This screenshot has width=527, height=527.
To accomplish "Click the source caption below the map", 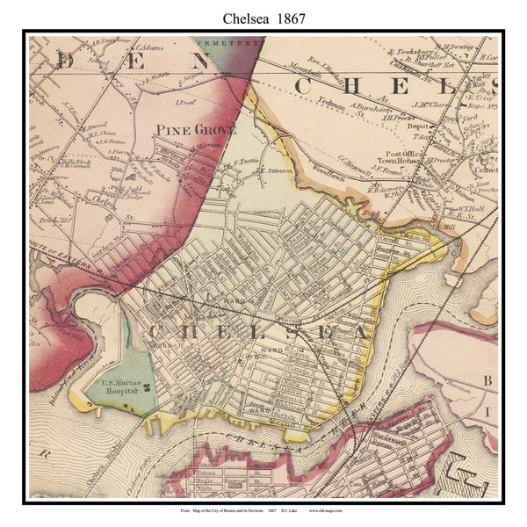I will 263,510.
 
